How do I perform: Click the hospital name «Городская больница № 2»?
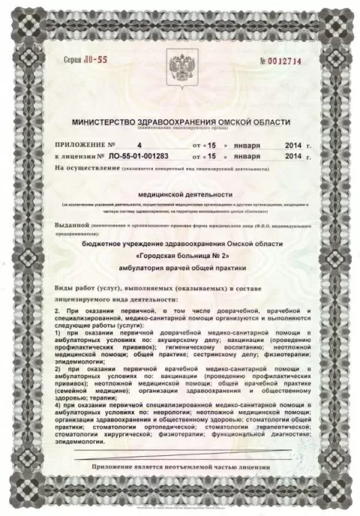click(180, 256)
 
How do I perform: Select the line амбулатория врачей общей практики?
click(180, 268)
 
